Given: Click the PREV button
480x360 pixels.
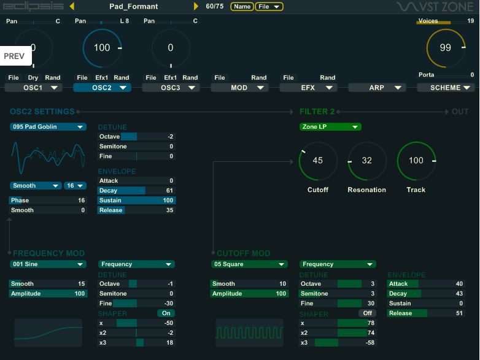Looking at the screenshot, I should (14, 56).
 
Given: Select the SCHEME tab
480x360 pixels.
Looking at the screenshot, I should (445, 88).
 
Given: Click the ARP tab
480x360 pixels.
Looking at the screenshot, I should (377, 88).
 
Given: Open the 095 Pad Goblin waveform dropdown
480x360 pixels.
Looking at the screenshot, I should (48, 127).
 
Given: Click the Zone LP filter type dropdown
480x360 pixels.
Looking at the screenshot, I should (330, 127).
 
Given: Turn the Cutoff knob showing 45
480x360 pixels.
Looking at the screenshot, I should (317, 161).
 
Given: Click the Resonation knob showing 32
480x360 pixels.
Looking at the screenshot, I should (366, 161).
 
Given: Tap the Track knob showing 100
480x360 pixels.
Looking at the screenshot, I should (416, 161).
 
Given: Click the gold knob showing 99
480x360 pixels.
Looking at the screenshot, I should (445, 48).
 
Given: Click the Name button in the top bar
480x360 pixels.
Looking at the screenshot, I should (242, 7).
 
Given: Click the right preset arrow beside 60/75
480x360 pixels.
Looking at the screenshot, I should (196, 7).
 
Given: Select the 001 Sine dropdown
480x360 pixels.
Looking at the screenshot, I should (48, 264).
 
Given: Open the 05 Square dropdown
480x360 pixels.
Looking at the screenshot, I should (249, 264).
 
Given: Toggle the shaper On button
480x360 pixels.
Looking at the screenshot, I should (166, 313).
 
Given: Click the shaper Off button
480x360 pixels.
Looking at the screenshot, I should (367, 313).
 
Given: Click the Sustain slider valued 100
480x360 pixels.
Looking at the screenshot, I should (136, 201).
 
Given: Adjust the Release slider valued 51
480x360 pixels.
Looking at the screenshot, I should (426, 313).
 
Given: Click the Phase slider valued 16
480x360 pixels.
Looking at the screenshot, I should (48, 201).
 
